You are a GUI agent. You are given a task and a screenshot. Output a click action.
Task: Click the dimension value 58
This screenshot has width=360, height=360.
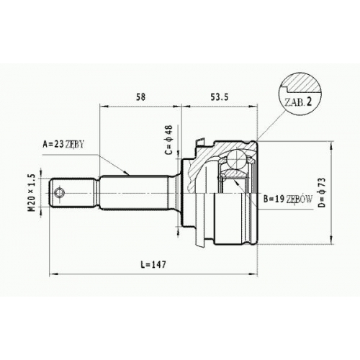(x=140, y=96)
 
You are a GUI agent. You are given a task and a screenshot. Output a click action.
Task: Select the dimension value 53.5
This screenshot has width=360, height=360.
(x=220, y=97)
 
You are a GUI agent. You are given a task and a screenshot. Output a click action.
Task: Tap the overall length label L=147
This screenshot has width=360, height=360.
(x=153, y=264)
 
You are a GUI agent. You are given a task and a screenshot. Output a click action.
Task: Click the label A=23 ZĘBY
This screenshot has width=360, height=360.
(x=63, y=144)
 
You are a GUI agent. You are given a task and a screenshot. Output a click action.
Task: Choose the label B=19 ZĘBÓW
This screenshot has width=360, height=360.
(x=288, y=199)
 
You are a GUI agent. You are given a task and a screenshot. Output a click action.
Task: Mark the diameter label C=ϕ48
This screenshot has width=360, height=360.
(x=169, y=140)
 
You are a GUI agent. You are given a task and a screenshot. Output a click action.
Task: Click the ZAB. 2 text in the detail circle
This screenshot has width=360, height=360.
(x=298, y=102)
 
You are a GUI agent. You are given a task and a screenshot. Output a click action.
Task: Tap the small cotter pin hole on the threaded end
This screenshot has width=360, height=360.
(x=59, y=193)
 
